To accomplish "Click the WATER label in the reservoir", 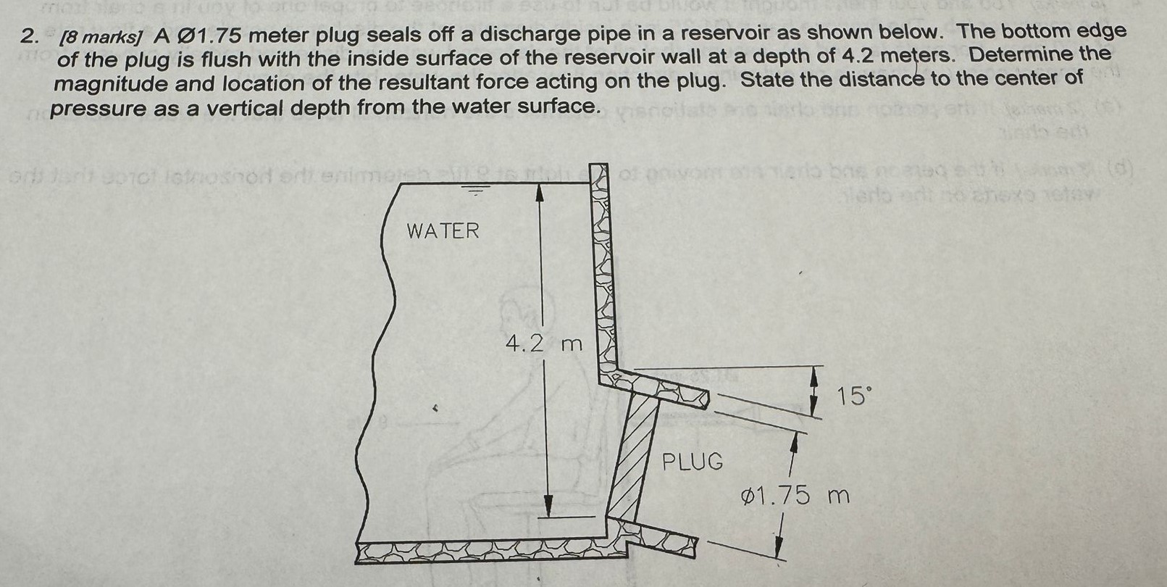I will (x=443, y=231).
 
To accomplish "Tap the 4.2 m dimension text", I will (x=543, y=344).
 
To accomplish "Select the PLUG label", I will (x=693, y=461).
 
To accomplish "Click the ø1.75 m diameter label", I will (x=795, y=497).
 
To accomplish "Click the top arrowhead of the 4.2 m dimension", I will (x=539, y=191).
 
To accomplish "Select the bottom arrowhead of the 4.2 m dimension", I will (x=548, y=505).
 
